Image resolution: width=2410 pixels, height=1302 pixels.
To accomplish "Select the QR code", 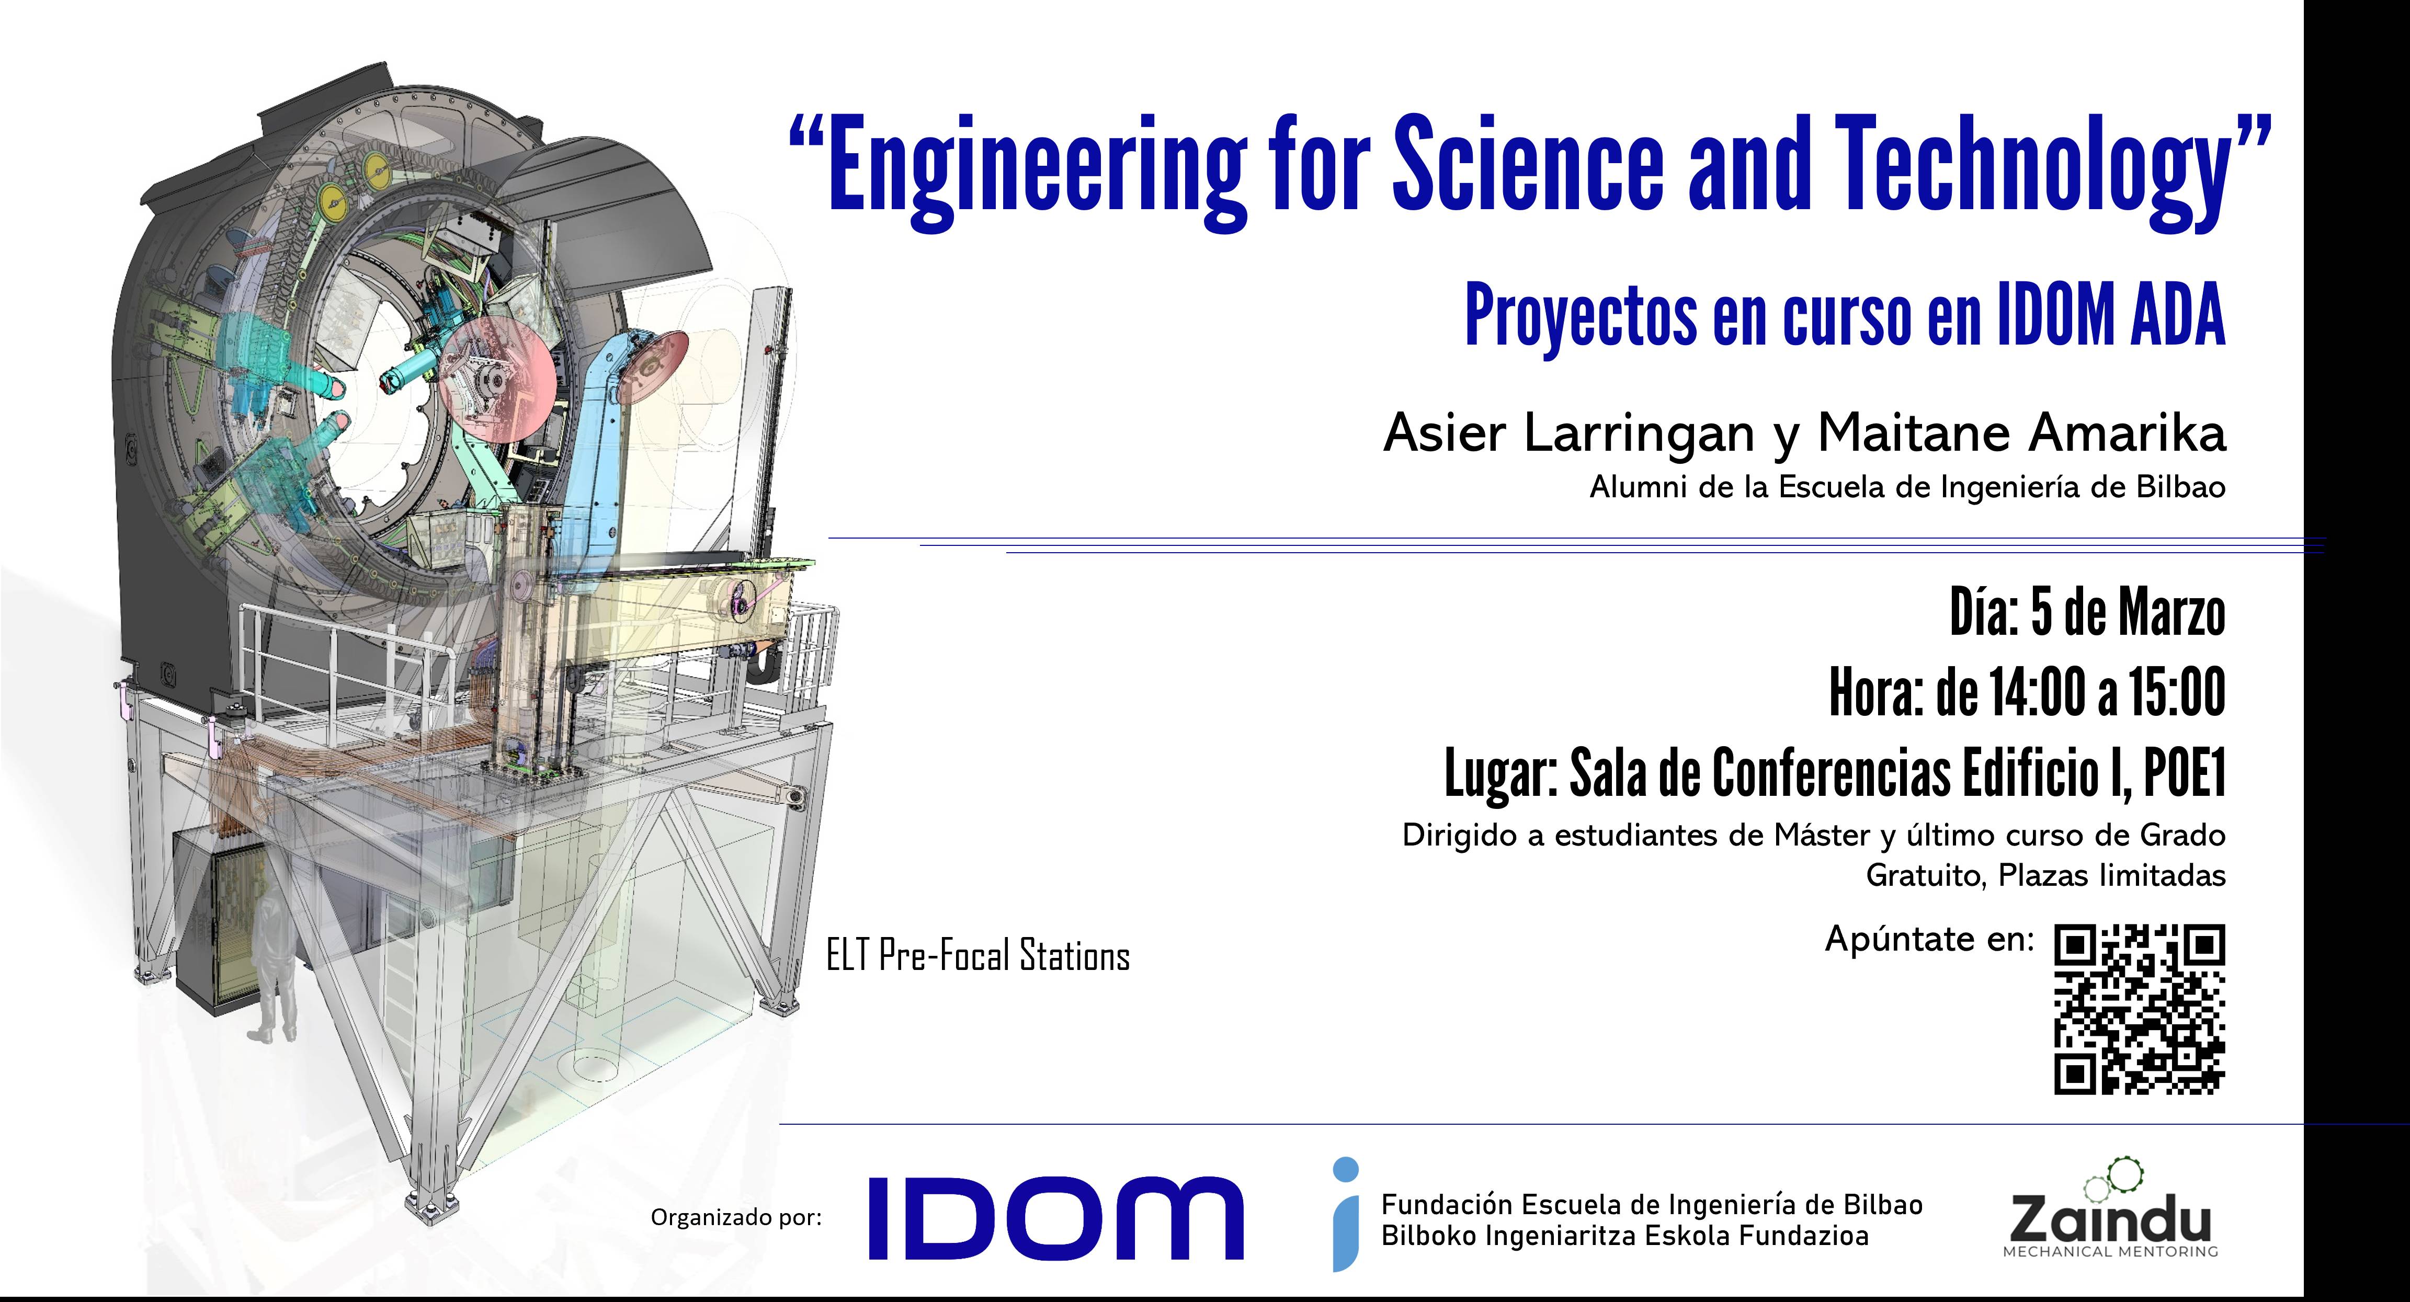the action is (x=2140, y=1009).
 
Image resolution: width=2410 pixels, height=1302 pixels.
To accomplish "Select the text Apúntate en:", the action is (x=1930, y=938).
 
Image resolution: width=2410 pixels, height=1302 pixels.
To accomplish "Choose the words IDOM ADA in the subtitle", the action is (x=2111, y=316).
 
